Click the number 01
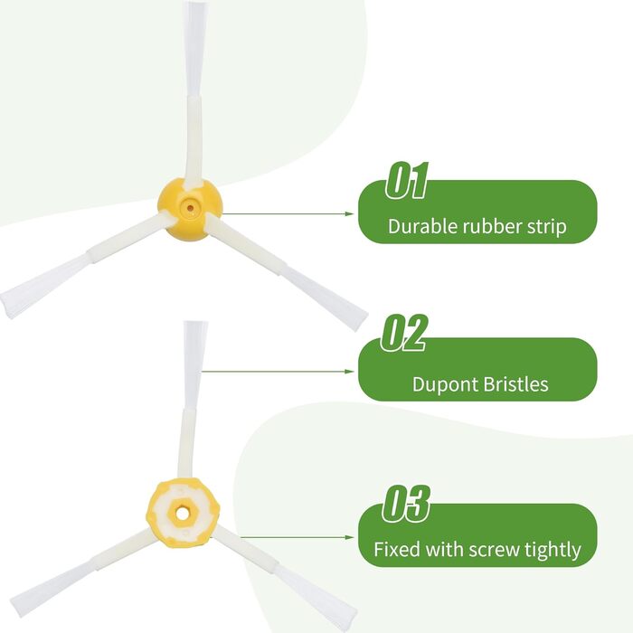(407, 180)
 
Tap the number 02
(403, 333)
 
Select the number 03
(406, 504)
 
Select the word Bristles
(515, 384)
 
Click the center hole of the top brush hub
(190, 208)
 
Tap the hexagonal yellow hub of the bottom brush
(183, 513)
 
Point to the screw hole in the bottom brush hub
(183, 514)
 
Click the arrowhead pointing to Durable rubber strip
(350, 213)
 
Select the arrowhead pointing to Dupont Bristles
(350, 371)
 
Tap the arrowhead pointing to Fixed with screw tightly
(350, 537)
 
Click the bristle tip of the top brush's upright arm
(195, 4)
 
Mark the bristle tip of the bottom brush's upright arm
(196, 324)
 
